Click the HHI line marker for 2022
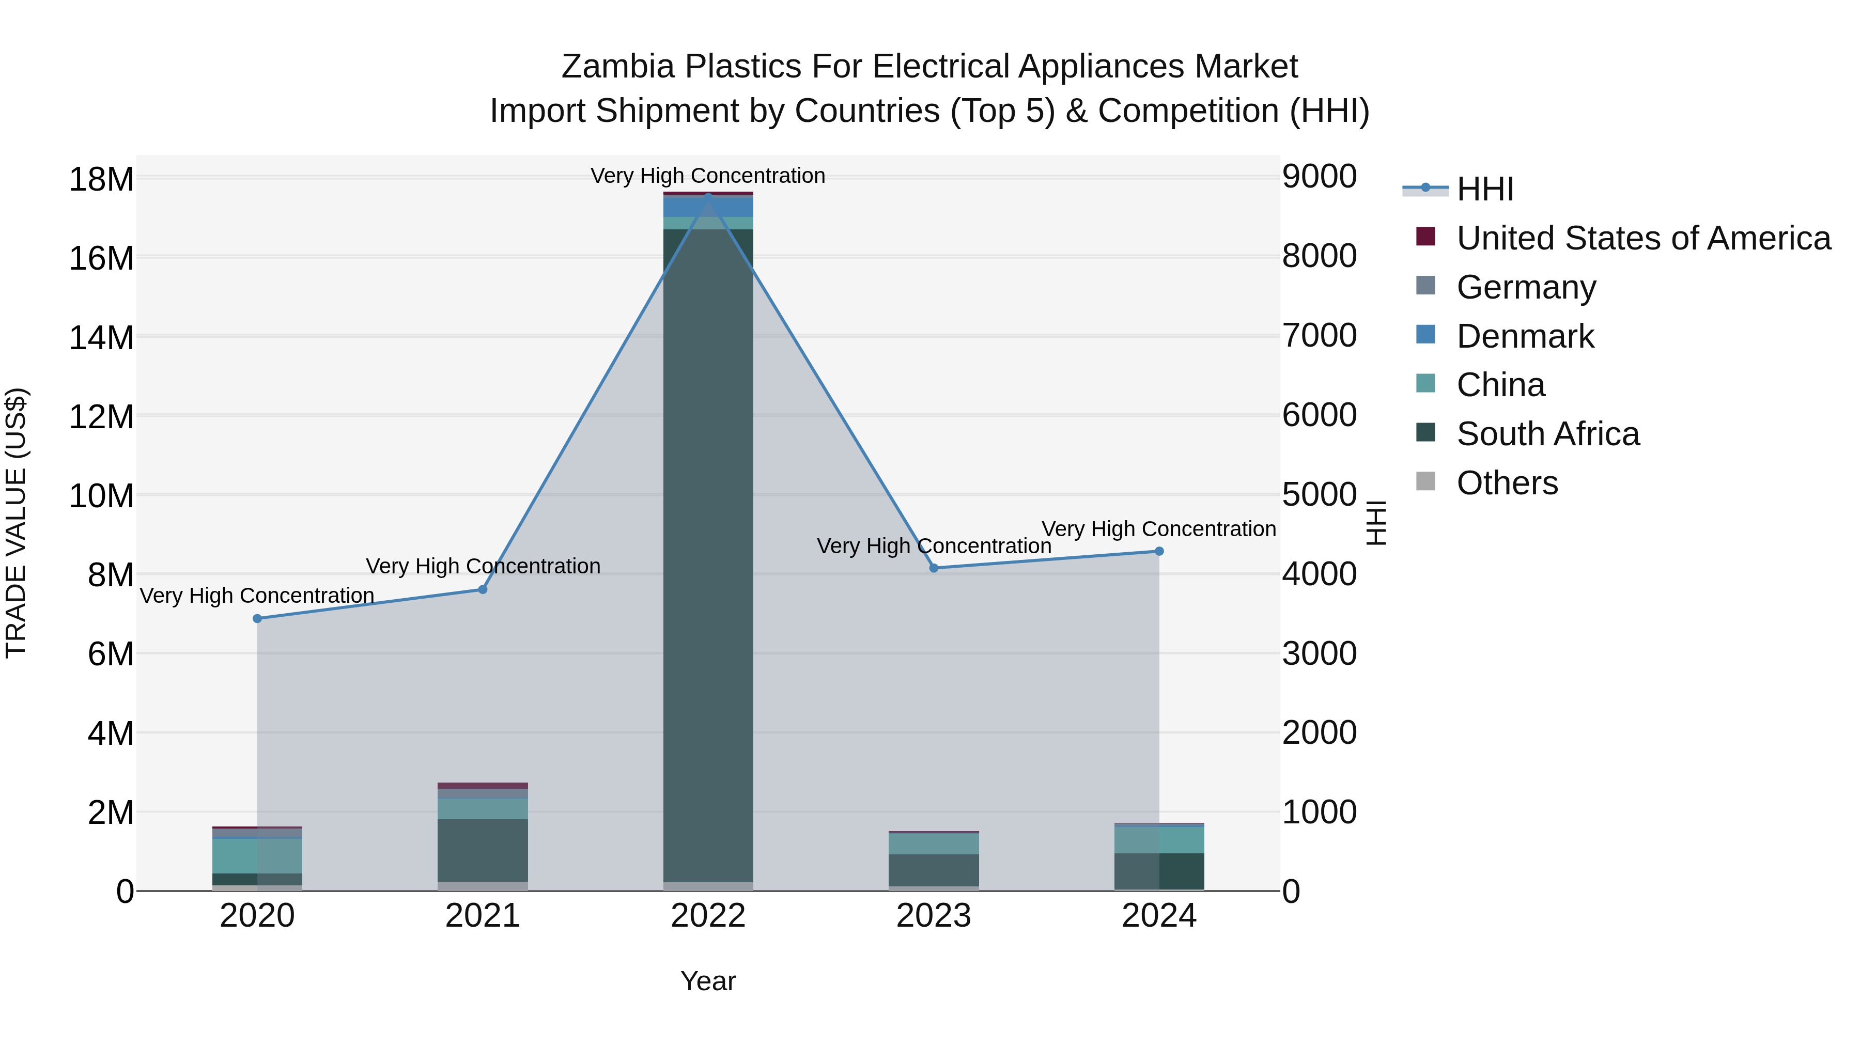708,196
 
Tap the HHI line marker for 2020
258,619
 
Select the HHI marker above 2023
934,568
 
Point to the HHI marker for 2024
1159,552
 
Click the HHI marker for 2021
483,590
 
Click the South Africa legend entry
1547,434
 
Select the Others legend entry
1507,483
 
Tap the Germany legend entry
1526,287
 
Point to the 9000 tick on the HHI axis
1319,177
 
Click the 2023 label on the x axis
934,916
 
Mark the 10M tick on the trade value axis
101,496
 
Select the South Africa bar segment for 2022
708,556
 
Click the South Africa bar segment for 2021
483,850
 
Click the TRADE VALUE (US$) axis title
16,523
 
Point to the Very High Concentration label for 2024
1159,529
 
